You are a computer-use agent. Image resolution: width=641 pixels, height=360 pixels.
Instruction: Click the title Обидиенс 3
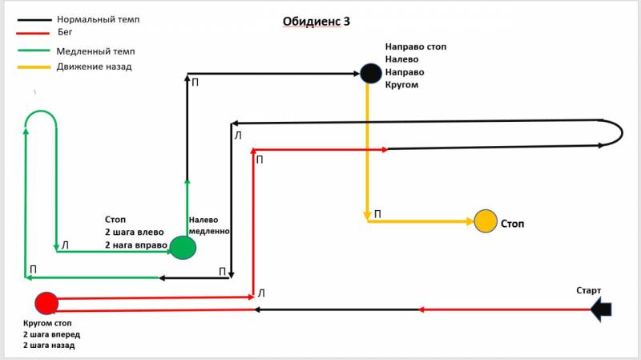[x=316, y=22]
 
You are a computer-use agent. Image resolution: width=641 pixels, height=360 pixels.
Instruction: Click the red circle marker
[x=46, y=303]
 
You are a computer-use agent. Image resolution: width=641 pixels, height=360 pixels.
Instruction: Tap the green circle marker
[x=183, y=248]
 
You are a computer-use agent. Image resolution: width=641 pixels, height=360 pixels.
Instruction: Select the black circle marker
[x=369, y=73]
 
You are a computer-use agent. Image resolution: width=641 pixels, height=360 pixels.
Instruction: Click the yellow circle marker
[x=486, y=220]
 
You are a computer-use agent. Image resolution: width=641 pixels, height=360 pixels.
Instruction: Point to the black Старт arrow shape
[x=602, y=309]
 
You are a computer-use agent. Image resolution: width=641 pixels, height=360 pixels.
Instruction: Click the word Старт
[x=588, y=290]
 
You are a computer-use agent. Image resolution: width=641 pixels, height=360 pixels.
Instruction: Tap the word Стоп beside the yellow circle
[x=513, y=222]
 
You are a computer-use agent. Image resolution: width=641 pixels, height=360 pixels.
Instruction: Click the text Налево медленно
[x=209, y=225]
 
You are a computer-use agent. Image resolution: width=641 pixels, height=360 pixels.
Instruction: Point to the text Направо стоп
[x=415, y=47]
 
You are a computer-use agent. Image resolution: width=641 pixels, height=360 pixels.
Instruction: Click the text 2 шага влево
[x=135, y=233]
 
